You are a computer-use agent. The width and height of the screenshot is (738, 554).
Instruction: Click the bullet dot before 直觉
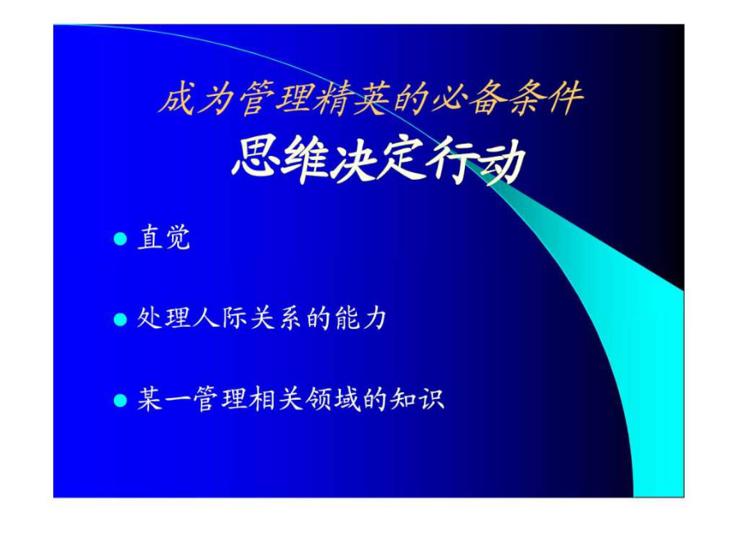click(121, 238)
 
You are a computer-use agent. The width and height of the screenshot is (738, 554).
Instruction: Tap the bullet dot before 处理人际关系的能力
click(121, 319)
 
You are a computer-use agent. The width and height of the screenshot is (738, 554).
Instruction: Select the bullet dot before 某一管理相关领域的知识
click(121, 401)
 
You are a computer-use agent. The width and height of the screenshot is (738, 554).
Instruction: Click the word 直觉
click(164, 237)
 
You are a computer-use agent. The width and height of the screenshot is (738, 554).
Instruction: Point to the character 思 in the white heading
click(256, 158)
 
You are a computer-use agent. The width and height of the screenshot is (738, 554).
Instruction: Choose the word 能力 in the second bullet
click(361, 318)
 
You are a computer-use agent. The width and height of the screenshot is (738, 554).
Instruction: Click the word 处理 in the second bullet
click(164, 318)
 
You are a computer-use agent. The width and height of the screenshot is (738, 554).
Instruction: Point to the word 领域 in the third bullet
click(332, 399)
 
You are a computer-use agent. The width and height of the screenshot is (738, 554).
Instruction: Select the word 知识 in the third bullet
click(417, 399)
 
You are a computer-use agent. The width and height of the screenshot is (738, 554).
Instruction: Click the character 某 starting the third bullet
click(150, 399)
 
